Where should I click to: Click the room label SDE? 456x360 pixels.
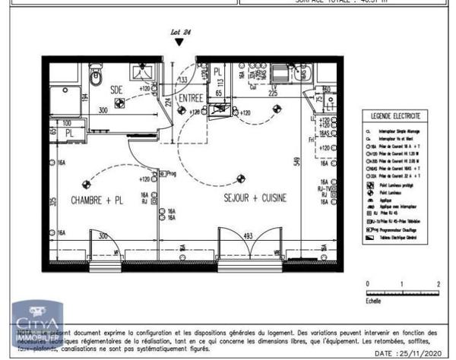pyautogui.click(x=116, y=88)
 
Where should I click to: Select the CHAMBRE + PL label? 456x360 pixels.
pyautogui.click(x=97, y=200)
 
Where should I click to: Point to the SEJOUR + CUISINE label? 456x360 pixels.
pyautogui.click(x=255, y=198)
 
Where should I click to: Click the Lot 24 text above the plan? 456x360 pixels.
pyautogui.click(x=179, y=32)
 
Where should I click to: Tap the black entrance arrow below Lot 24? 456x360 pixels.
pyautogui.click(x=179, y=43)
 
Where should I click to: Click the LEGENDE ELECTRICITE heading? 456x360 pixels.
pyautogui.click(x=394, y=116)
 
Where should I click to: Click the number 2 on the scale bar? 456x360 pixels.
pyautogui.click(x=439, y=283)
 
